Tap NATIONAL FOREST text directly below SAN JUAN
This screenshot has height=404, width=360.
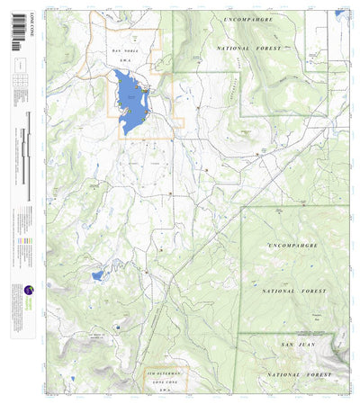(292, 373)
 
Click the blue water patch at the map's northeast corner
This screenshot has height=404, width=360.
(340, 13)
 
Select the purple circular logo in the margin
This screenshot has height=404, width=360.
(29, 291)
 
